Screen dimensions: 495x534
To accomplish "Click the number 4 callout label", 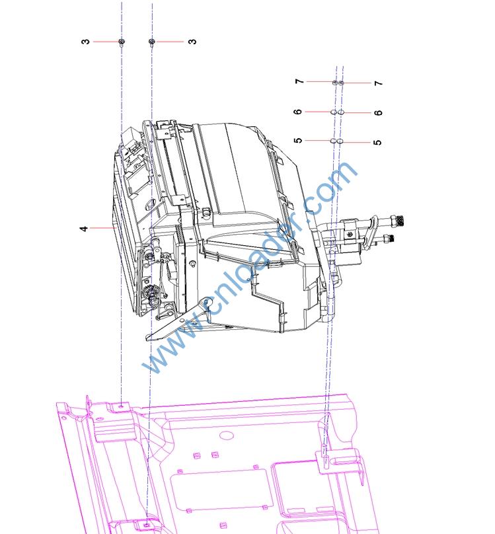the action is [84, 228].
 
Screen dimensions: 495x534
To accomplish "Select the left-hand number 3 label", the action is [86, 42].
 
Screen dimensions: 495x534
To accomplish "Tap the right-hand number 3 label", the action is [192, 42].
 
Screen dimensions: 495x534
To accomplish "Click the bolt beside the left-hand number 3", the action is [122, 42].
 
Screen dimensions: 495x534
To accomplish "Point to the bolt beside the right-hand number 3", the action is [152, 42].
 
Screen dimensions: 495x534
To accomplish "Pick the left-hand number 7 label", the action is [299, 81].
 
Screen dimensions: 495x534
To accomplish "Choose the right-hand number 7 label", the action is [378, 83].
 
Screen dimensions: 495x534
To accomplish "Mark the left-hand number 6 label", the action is [298, 112].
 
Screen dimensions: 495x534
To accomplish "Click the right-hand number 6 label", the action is [378, 112].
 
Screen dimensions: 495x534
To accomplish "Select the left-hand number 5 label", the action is [298, 140].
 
